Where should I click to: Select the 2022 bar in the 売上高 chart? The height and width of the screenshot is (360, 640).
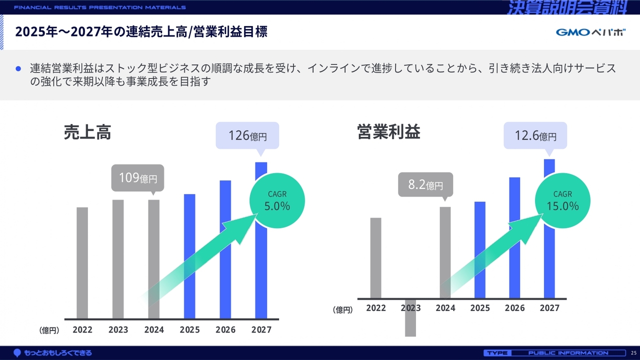82,262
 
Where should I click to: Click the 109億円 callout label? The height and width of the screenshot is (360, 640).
137,178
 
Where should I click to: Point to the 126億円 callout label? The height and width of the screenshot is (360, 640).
247,135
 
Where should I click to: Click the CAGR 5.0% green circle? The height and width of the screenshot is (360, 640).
277,200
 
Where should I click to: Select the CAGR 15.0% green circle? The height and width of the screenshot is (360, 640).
562,200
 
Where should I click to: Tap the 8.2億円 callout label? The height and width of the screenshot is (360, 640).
425,184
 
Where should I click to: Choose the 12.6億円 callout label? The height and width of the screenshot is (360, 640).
535,135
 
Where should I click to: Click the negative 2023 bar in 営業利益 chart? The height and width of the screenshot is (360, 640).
410,317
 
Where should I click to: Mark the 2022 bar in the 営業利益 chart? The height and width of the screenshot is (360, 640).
375,257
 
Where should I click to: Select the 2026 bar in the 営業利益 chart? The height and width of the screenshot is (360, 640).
514,237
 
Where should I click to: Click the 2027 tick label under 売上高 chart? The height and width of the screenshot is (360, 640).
261,330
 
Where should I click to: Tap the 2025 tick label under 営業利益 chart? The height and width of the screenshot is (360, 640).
480,308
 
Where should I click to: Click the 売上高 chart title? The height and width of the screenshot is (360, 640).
87,132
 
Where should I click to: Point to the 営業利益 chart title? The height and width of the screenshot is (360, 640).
388,132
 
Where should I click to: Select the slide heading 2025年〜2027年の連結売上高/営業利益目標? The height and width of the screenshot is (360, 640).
141,32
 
